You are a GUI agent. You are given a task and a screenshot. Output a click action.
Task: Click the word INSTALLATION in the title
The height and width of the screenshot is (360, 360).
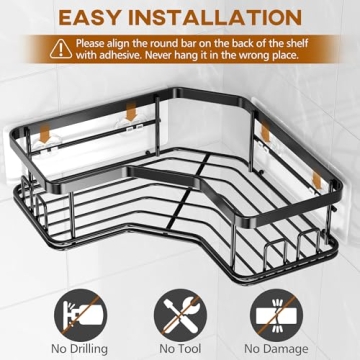tap(226, 18)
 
